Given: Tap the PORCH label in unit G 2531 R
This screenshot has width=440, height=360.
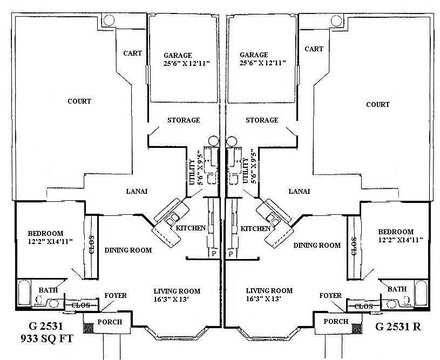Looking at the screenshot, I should point(336,322).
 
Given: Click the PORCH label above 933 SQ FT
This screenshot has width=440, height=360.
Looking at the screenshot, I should point(109,322).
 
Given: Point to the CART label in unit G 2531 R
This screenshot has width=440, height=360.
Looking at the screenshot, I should point(314,49).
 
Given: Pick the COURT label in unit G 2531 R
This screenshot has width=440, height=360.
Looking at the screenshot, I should point(378,104).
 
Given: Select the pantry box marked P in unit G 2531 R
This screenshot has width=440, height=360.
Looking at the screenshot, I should point(231,253).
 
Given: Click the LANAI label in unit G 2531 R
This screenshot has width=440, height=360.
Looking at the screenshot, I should point(299,191).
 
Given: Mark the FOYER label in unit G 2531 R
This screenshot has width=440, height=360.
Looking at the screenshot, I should point(330,296).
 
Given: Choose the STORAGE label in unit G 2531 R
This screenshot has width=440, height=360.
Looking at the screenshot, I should point(262,120).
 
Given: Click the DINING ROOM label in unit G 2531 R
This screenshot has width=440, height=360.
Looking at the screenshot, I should point(317,245).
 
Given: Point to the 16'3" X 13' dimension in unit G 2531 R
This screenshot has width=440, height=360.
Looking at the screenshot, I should point(269,298).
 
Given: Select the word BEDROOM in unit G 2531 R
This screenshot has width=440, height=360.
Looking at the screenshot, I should point(396,232).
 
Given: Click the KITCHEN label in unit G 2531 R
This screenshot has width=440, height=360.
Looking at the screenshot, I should point(255,228).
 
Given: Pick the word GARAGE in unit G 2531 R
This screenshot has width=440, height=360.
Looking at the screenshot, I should point(254,55).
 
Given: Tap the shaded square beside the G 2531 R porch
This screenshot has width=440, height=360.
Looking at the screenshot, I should point(356,327).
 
